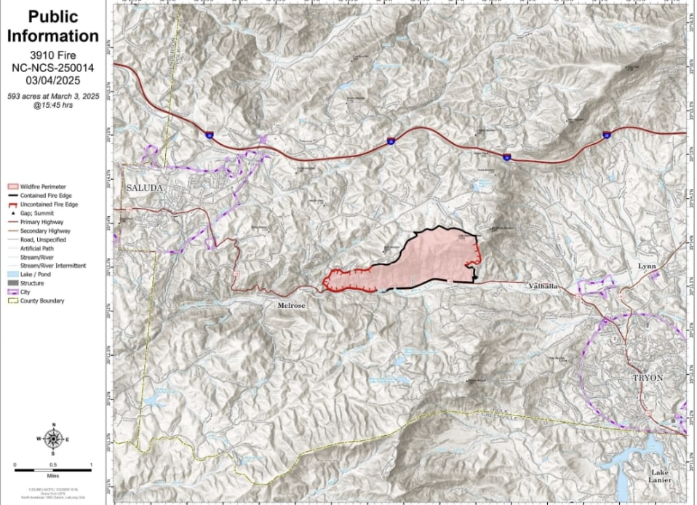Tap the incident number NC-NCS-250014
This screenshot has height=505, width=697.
click(52, 68)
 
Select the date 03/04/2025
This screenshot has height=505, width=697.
click(52, 81)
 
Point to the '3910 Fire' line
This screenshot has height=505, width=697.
click(52, 55)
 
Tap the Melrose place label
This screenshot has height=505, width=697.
click(291, 306)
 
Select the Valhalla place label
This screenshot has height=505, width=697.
click(543, 287)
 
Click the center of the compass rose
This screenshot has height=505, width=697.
click(52, 439)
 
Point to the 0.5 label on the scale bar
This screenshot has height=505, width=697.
click(52, 465)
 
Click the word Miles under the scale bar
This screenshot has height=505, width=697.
click(52, 474)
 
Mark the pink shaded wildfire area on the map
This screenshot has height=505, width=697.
click(429, 262)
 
